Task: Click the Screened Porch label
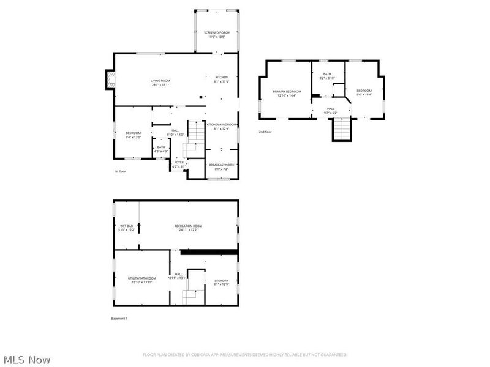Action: click(x=216, y=34)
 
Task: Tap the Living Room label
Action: click(x=160, y=83)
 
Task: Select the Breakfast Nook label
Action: click(x=221, y=167)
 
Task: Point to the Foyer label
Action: click(x=179, y=164)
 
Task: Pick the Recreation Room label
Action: click(x=189, y=228)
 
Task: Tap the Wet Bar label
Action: click(x=126, y=228)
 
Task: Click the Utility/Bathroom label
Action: click(x=142, y=280)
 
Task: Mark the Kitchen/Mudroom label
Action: click(x=221, y=127)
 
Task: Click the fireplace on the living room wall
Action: click(x=109, y=80)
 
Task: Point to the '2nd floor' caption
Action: click(x=265, y=132)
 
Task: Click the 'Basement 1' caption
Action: click(x=119, y=318)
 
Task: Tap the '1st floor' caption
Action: click(x=121, y=172)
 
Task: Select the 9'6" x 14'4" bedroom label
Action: click(x=364, y=93)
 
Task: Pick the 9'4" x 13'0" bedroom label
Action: click(x=134, y=135)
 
